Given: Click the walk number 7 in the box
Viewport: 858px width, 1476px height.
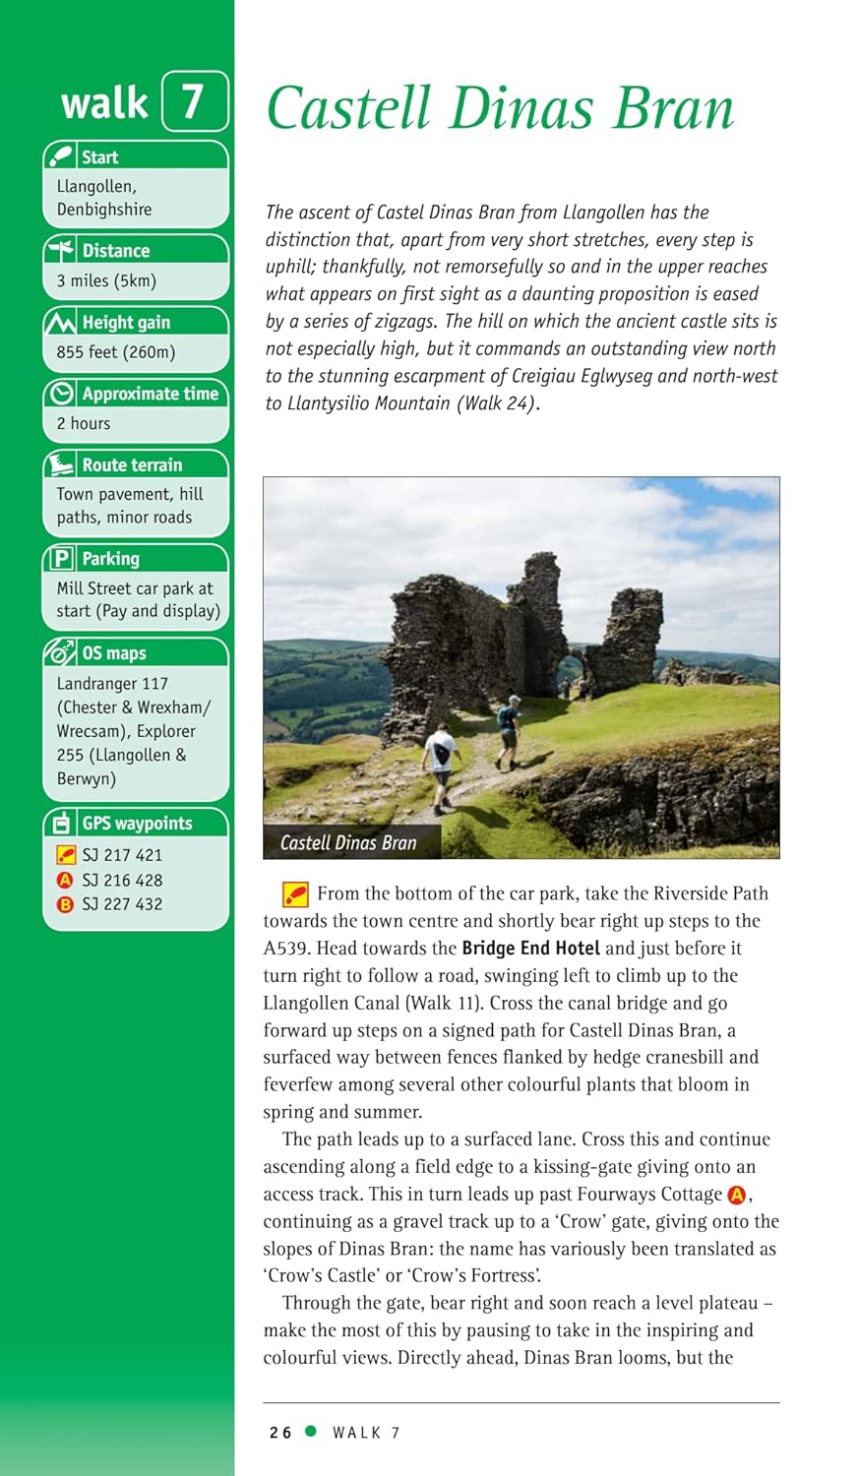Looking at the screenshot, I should [x=193, y=101].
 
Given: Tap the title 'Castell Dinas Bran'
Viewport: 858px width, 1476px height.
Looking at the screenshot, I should [x=500, y=108].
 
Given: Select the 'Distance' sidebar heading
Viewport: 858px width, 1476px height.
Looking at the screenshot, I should [x=115, y=251].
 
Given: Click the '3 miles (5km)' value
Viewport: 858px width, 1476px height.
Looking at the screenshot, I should [x=106, y=280].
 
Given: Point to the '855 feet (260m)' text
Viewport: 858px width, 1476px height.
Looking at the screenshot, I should [x=115, y=352].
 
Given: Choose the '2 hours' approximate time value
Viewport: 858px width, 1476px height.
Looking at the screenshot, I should [x=84, y=423].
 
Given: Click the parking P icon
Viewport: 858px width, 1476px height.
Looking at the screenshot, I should [x=62, y=559].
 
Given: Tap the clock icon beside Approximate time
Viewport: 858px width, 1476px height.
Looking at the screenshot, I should [x=62, y=394].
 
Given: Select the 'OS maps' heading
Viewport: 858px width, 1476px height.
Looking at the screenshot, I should [x=113, y=652].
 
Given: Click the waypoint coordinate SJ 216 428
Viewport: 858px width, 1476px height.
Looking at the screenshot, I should [x=122, y=880].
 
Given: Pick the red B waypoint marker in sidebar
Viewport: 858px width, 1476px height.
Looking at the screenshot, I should [x=65, y=904].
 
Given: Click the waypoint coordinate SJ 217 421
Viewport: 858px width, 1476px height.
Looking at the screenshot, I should [x=122, y=855].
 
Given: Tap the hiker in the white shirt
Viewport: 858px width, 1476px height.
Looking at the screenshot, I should [x=441, y=758].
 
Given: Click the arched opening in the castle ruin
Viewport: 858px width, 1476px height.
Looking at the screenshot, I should [x=569, y=675].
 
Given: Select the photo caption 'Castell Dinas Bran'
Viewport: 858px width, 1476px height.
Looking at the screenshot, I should [x=348, y=842].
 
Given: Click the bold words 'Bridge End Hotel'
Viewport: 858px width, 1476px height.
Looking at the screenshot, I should [x=530, y=949].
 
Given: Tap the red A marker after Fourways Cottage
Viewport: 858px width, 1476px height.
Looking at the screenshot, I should [x=737, y=1195].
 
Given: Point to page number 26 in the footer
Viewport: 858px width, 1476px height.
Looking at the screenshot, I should [x=280, y=1433].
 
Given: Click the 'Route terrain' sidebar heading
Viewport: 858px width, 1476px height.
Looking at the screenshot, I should [x=132, y=464].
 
